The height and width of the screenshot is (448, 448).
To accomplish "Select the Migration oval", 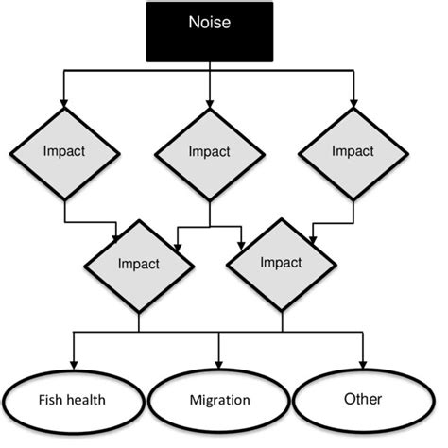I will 219,399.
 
